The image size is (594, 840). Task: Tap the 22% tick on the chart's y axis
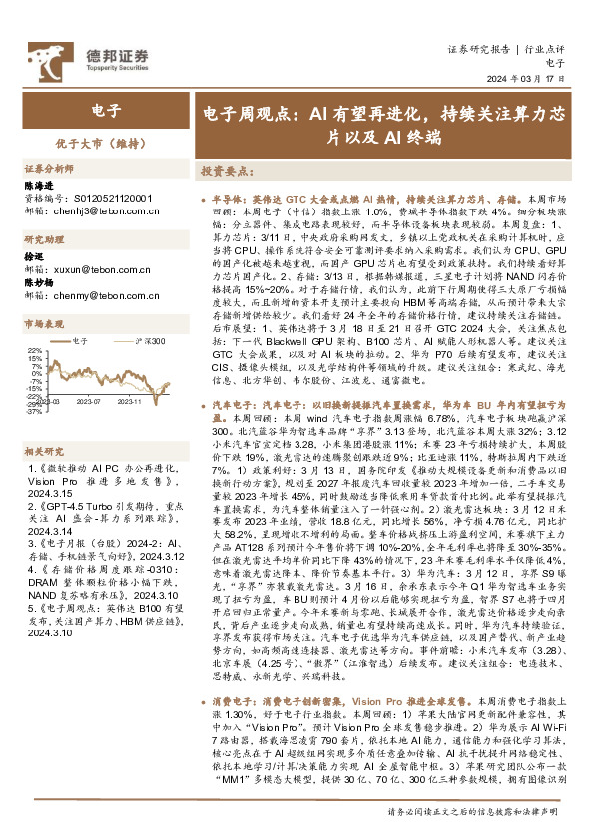34,352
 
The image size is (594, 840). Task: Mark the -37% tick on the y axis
34,411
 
